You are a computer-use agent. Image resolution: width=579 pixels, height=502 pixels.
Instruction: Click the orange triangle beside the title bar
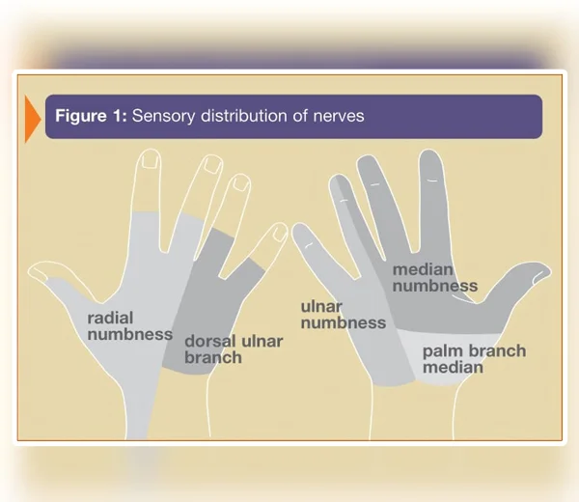coord(32,119)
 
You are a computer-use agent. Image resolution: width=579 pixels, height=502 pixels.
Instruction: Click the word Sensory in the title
coord(163,117)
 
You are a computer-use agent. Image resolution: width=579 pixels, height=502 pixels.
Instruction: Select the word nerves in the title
coord(339,116)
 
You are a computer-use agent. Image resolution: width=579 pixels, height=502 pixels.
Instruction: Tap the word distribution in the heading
coord(244,116)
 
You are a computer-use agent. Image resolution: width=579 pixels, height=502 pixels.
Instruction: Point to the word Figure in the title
coord(81,117)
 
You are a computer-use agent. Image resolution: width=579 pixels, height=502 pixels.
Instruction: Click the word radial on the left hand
coord(110,318)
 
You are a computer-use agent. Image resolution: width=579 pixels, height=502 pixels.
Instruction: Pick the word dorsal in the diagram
coord(210,342)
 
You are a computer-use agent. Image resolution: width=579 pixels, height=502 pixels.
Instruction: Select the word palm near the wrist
coord(442,352)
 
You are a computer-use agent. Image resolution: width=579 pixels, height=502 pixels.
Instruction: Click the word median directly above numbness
coord(423,270)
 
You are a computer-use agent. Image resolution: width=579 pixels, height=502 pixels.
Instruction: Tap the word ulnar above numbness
coord(321,307)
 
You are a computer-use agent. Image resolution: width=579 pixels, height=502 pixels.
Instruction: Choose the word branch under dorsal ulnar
coord(213,357)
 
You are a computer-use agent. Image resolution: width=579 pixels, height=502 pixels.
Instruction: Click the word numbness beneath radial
coord(130,335)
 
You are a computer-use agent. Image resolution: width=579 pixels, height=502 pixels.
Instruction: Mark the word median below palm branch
coord(453,368)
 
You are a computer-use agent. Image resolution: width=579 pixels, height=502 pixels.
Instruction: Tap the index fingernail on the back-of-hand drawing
coord(151,159)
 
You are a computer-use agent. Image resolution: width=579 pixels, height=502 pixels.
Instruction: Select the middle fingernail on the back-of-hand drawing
coord(212,164)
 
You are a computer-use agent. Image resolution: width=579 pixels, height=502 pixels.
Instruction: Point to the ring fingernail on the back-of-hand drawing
coord(241,182)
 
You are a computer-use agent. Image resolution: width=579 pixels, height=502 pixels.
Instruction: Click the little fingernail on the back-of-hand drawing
coord(279,233)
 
